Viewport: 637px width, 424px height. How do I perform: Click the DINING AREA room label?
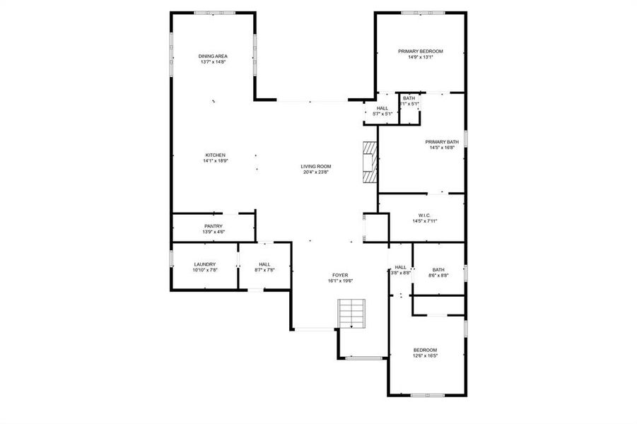pyautogui.click(x=213, y=57)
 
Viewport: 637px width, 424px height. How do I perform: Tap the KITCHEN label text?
pyautogui.click(x=216, y=155)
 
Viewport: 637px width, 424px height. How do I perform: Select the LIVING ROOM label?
pyautogui.click(x=316, y=166)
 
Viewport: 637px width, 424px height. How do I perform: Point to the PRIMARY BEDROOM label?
pyautogui.click(x=420, y=52)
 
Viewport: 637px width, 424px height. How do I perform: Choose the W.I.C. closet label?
pyautogui.click(x=425, y=216)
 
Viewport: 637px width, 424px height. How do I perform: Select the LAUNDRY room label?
pyautogui.click(x=204, y=264)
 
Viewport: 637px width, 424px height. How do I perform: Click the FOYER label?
pyautogui.click(x=340, y=275)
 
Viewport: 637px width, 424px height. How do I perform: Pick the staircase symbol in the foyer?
pyautogui.click(x=353, y=313)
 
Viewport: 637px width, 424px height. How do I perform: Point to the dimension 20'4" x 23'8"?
pyautogui.click(x=316, y=172)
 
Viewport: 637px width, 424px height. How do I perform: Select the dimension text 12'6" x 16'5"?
pyautogui.click(x=425, y=356)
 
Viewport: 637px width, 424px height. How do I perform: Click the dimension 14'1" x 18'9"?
pyautogui.click(x=216, y=161)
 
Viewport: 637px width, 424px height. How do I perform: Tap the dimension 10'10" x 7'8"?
pyautogui.click(x=204, y=270)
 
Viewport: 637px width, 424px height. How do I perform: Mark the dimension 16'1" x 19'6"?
pyautogui.click(x=340, y=281)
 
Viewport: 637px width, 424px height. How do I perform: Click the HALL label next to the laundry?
pyautogui.click(x=264, y=264)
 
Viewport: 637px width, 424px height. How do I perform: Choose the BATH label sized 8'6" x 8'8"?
pyautogui.click(x=438, y=269)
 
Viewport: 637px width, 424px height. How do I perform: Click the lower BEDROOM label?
pyautogui.click(x=425, y=351)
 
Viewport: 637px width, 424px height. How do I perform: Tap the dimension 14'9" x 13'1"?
pyautogui.click(x=420, y=57)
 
